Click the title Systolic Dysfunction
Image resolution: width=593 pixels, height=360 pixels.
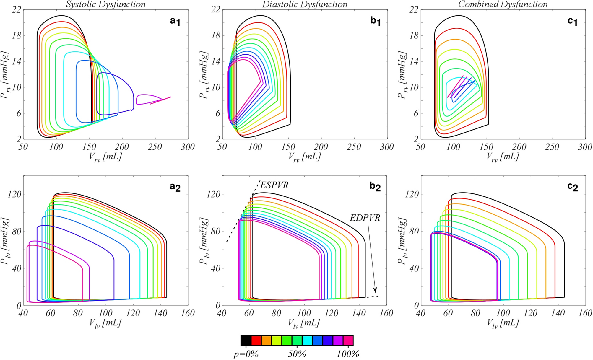point(105,4)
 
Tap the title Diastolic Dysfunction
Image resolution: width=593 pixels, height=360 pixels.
point(305,4)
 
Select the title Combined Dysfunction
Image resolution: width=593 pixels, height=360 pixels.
point(503,4)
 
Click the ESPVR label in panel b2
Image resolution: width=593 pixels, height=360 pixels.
point(274,185)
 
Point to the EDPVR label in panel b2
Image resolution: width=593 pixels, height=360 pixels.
point(365,218)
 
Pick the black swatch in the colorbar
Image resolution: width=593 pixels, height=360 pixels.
point(246,341)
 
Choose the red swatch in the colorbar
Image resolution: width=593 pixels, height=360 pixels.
point(256,341)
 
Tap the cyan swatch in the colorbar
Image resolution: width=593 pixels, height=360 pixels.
point(307,341)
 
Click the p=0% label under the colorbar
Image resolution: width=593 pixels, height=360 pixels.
point(246,354)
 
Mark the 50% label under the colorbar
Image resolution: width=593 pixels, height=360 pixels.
point(297,354)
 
